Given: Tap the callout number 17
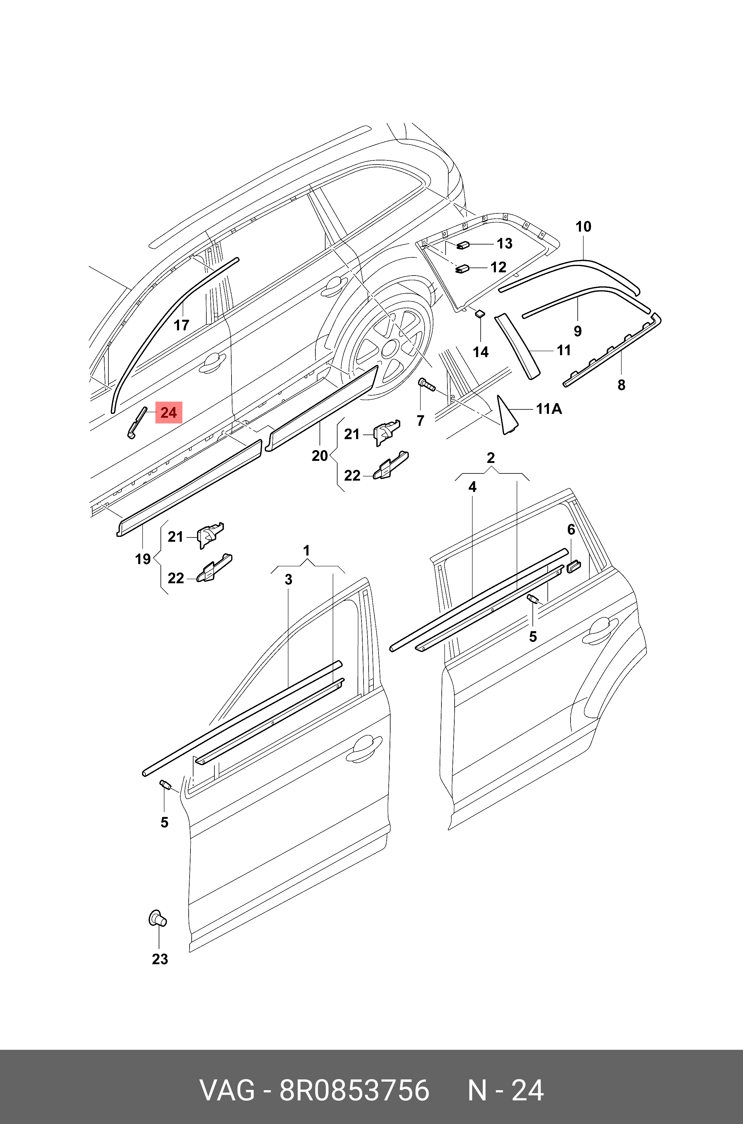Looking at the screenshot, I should point(181,325).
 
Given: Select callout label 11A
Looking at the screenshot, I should point(549,408).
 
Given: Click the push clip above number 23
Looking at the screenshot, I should point(157,918).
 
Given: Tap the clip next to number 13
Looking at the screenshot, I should point(462,246).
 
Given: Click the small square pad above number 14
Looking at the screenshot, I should point(479,313).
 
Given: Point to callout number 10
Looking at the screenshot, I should point(583,227).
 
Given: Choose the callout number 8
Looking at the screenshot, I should point(621,385).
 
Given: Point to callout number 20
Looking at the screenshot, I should point(320,456).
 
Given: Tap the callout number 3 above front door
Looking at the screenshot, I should point(288,580).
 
